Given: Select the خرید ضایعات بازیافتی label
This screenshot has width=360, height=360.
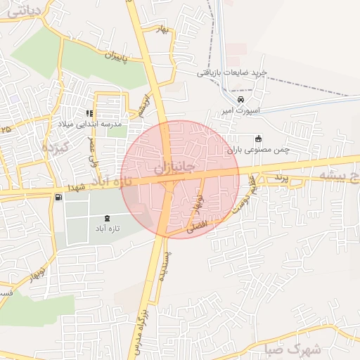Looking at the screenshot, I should click(231, 72).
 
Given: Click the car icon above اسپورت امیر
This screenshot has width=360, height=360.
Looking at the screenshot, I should click(241, 99).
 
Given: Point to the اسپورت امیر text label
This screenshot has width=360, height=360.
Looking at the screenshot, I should click(240, 110).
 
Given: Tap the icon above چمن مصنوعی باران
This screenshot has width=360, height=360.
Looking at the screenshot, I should click(258, 138).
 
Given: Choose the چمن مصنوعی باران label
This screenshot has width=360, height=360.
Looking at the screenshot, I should click(257, 149).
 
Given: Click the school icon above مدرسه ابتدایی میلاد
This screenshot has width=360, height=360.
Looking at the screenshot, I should click(89, 112).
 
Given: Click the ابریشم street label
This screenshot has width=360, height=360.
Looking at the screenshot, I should click(143, 103).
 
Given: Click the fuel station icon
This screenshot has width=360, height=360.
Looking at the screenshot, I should click(56, 198).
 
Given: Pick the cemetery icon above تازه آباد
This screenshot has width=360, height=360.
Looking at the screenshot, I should click(107, 218).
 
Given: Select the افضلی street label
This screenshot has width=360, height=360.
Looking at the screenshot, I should click(195, 226).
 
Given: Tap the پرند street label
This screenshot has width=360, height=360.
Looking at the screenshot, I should click(282, 176).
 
